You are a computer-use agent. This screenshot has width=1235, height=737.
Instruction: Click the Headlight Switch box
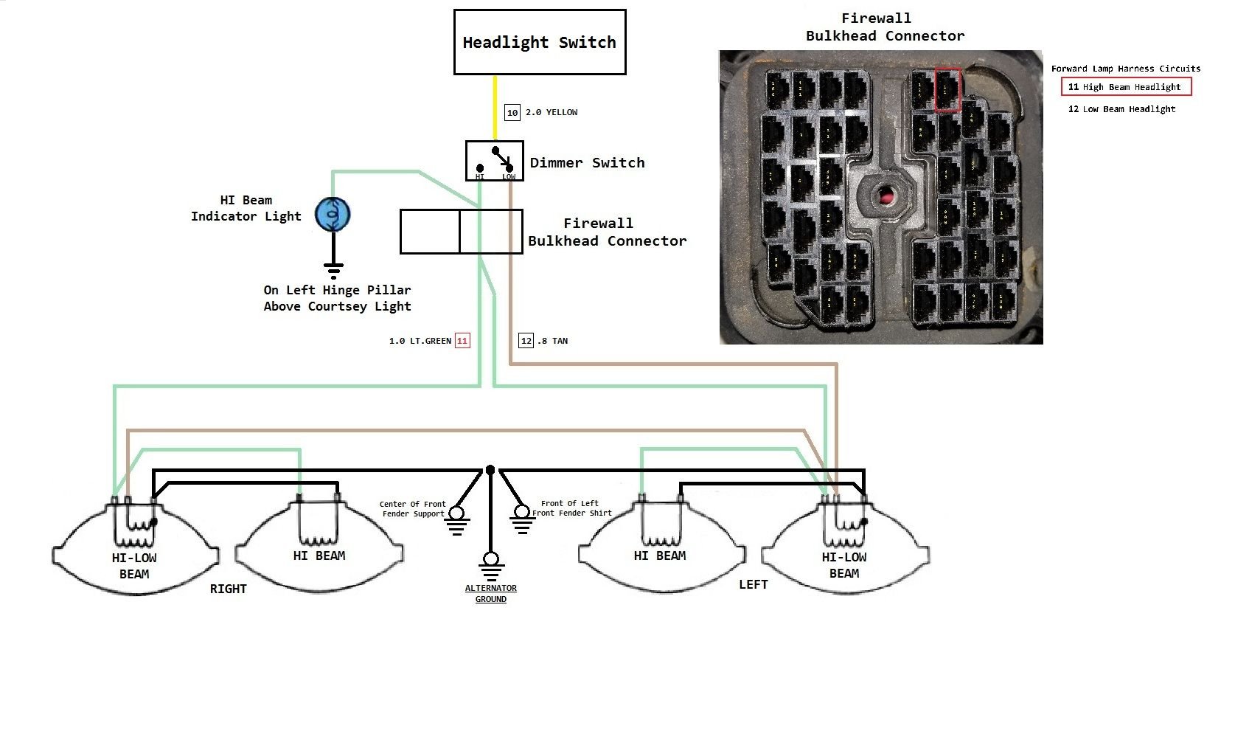click(x=539, y=42)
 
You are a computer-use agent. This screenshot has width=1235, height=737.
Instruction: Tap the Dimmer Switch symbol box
click(x=494, y=161)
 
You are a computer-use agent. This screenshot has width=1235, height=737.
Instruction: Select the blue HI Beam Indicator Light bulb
click(x=333, y=214)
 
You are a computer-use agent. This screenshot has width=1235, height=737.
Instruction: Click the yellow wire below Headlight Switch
click(x=495, y=107)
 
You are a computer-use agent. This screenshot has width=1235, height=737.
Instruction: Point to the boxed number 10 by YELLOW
click(x=512, y=113)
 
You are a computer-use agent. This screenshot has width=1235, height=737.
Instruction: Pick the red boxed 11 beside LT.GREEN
click(x=462, y=341)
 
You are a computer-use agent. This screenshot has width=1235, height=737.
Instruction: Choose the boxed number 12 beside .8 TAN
click(x=526, y=341)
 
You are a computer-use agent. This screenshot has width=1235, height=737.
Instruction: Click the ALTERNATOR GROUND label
click(x=491, y=594)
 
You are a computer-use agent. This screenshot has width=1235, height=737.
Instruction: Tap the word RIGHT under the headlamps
click(x=228, y=589)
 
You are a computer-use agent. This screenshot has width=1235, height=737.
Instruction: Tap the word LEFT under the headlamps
click(x=754, y=584)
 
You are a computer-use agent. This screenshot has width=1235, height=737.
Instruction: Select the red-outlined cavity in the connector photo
click(x=947, y=89)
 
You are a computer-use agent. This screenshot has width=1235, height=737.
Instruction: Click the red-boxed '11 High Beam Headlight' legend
click(x=1126, y=87)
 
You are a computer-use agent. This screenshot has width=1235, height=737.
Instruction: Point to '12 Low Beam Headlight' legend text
click(x=1121, y=109)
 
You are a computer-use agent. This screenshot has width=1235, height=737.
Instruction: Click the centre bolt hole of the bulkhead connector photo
click(x=883, y=196)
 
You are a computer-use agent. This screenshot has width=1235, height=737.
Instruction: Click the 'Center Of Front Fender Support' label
click(x=413, y=509)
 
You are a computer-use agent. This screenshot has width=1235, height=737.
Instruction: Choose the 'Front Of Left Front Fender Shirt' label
click(x=572, y=508)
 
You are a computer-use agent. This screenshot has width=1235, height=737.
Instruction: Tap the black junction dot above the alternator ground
click(x=490, y=470)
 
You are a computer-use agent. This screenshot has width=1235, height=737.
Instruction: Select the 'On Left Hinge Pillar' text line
click(x=337, y=290)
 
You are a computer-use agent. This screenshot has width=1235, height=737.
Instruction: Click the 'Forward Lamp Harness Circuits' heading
click(x=1125, y=69)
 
